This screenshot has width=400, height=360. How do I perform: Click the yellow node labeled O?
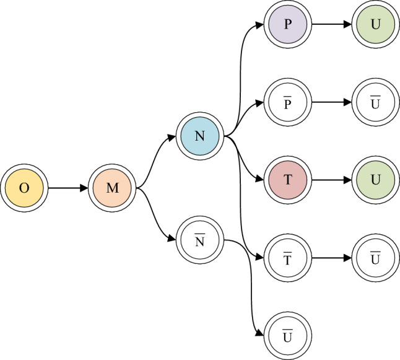[x=24, y=188]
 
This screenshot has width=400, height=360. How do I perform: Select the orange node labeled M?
[x=112, y=188]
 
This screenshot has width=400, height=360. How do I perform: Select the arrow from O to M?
[x=68, y=188]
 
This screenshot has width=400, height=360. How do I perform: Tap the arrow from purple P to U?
[x=332, y=25]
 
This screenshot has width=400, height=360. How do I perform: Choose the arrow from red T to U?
[x=332, y=179]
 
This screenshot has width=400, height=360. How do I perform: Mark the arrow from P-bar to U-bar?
[x=332, y=102]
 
